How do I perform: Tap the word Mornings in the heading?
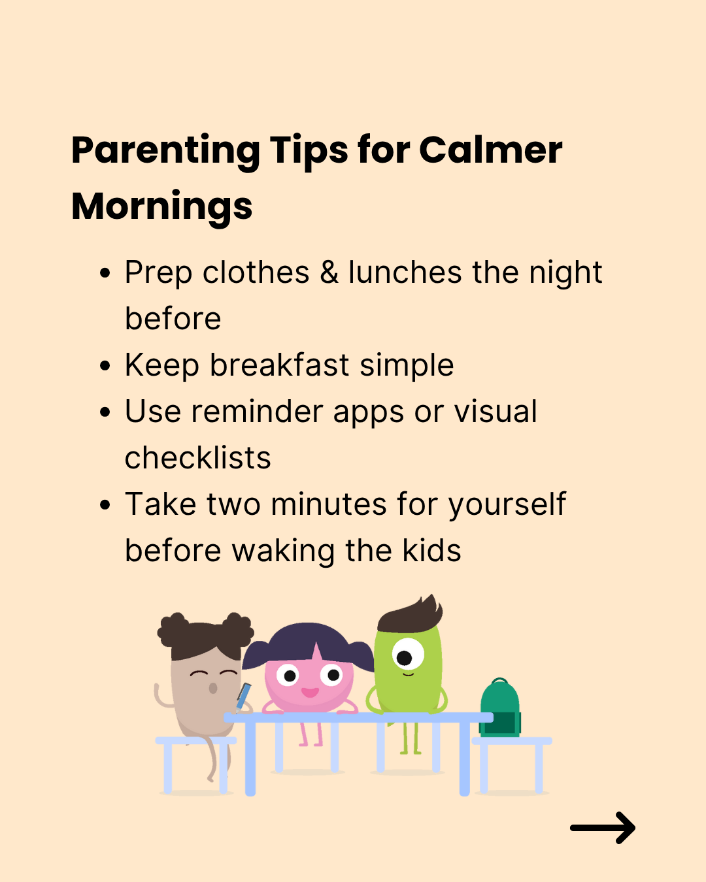(x=162, y=208)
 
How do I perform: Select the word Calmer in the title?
(x=491, y=150)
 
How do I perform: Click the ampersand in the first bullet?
(x=329, y=272)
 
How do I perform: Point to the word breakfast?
(x=280, y=365)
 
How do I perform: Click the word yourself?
(x=507, y=505)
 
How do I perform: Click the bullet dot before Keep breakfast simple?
(x=105, y=365)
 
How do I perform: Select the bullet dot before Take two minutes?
(x=105, y=504)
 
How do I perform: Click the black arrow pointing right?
(x=603, y=828)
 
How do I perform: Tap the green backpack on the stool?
(x=500, y=708)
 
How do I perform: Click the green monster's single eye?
(x=408, y=654)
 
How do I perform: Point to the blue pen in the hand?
(x=244, y=697)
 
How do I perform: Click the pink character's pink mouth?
(x=310, y=693)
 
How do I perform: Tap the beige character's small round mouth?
(x=213, y=688)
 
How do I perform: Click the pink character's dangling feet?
(x=311, y=735)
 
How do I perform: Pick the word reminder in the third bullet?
(x=257, y=411)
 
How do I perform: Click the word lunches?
(x=405, y=272)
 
